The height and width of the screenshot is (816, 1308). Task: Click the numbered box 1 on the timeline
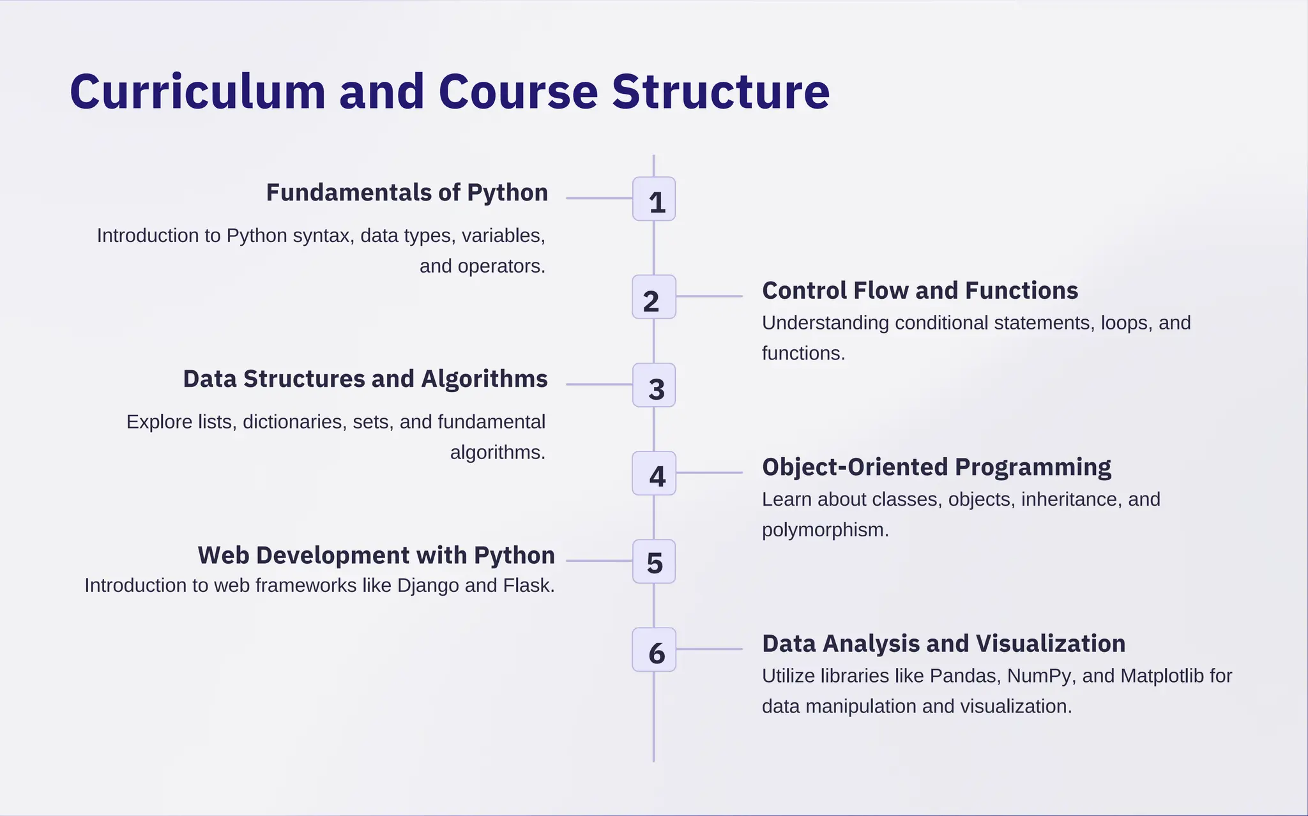coord(654,199)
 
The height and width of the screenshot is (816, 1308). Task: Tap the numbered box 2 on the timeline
coord(654,297)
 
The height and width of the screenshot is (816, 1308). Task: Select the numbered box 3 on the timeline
coord(654,385)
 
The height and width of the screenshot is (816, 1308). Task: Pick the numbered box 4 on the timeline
coord(654,473)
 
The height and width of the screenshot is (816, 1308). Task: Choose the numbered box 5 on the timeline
coord(654,561)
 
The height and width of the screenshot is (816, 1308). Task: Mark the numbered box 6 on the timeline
coord(654,649)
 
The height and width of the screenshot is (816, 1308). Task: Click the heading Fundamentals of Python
coord(407,193)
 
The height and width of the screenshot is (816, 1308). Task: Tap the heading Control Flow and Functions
coord(920,291)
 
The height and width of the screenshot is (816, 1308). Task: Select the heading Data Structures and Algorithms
coord(365,379)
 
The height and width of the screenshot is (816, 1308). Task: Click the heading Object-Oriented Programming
coord(936,467)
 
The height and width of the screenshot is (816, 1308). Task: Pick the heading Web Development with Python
coord(376,555)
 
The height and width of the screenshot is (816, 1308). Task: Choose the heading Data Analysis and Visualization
coord(943,644)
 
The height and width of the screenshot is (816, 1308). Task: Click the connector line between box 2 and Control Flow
coord(709,296)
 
